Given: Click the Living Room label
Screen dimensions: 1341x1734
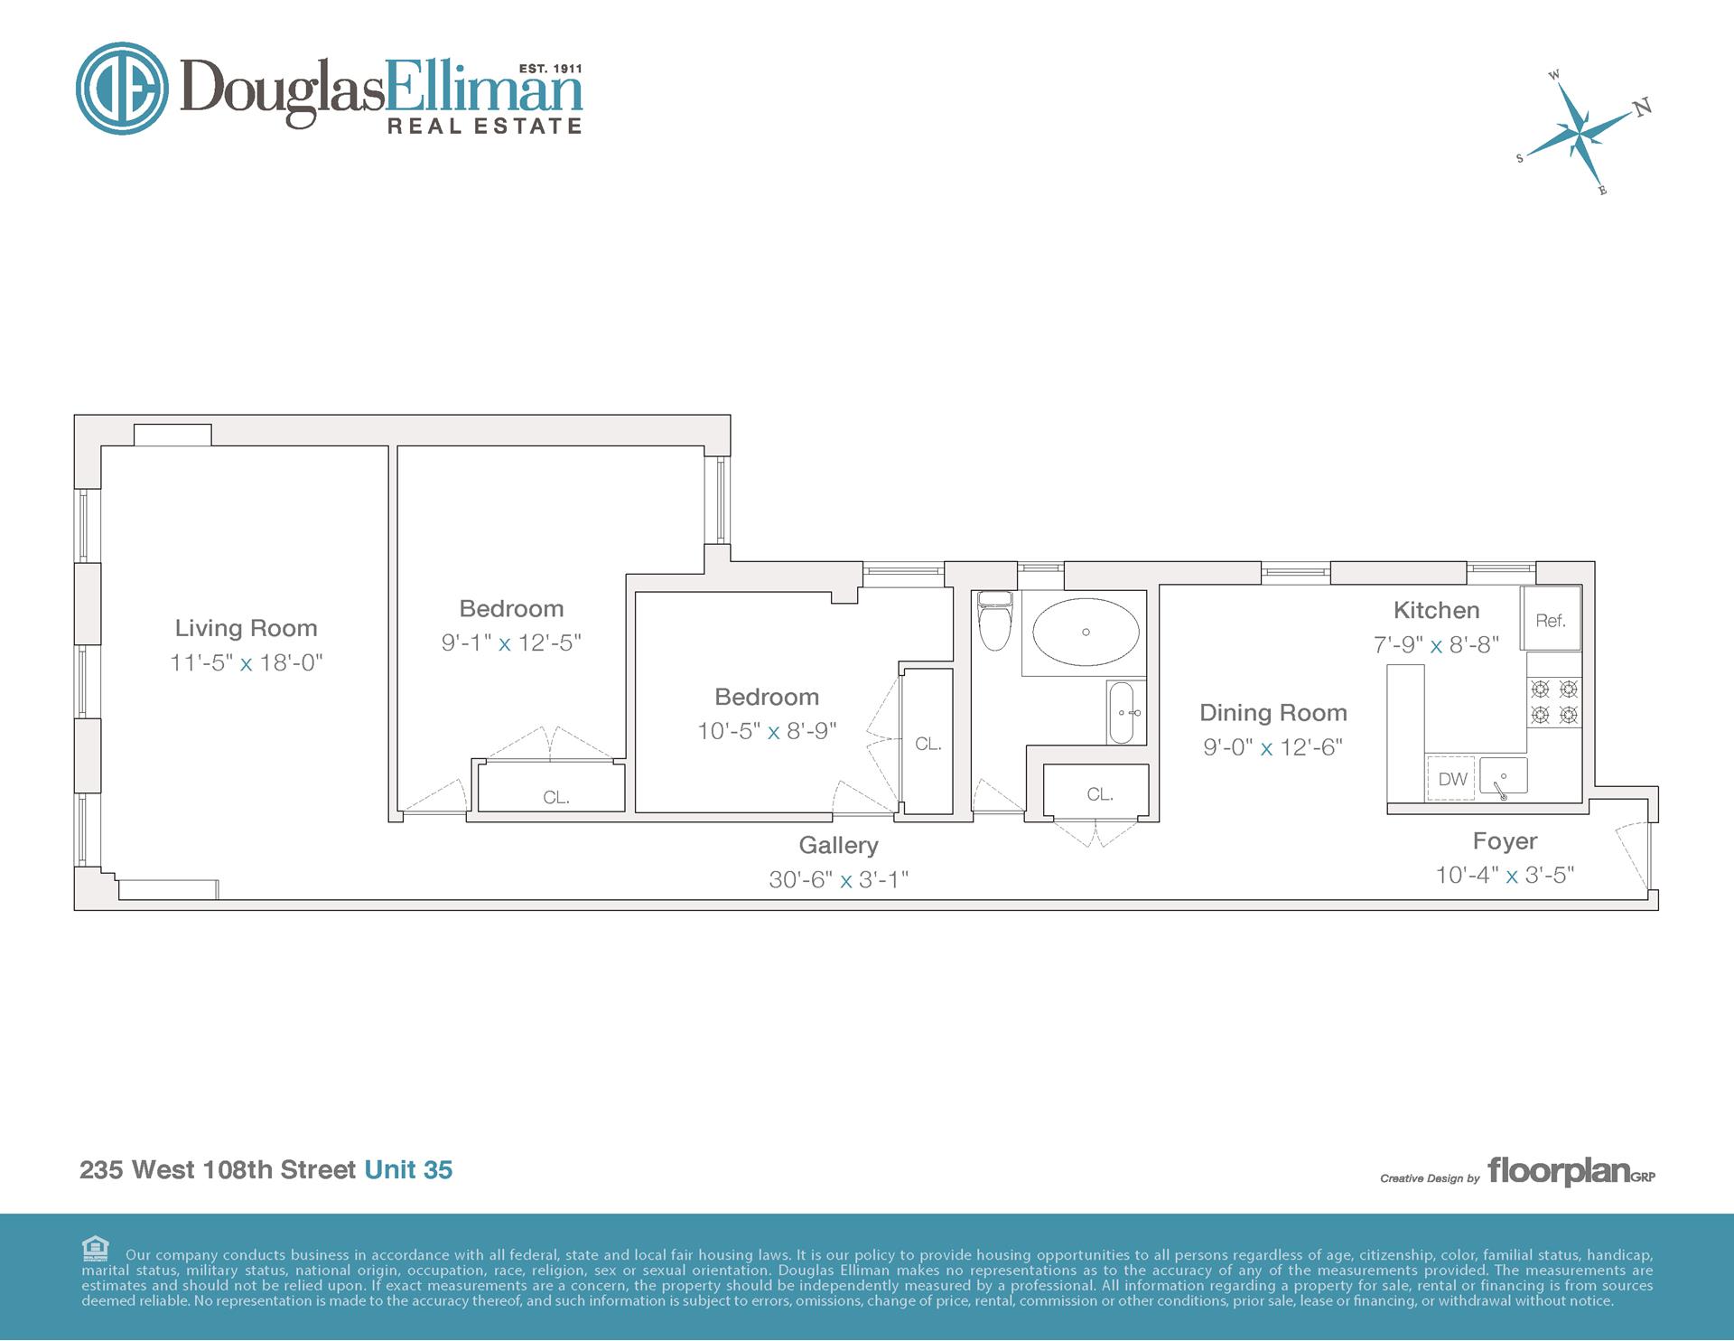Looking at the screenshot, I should [246, 628].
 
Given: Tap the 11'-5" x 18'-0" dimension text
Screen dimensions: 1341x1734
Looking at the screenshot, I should [246, 662].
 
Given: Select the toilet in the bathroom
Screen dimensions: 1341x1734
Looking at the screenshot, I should [995, 621].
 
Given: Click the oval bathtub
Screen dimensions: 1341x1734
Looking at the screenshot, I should [1086, 632].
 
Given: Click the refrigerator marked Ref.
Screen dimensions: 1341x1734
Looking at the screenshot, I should [1550, 619].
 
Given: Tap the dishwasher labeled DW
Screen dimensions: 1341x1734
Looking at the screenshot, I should [1451, 779].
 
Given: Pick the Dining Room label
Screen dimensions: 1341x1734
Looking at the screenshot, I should [1273, 713].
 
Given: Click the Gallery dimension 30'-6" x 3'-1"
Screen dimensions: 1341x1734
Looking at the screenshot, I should [838, 879].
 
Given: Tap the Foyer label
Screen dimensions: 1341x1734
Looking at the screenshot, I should [1505, 841].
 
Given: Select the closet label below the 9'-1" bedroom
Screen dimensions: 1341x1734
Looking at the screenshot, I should [555, 797].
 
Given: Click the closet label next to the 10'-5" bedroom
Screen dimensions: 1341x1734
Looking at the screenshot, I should [928, 744].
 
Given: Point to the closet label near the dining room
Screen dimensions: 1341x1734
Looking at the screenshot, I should [1099, 794].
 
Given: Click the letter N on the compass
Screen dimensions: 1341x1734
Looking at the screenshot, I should [1643, 107].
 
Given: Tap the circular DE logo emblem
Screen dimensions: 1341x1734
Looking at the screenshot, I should [122, 89].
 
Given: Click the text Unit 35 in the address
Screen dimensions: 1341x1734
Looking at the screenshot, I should [408, 1169].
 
